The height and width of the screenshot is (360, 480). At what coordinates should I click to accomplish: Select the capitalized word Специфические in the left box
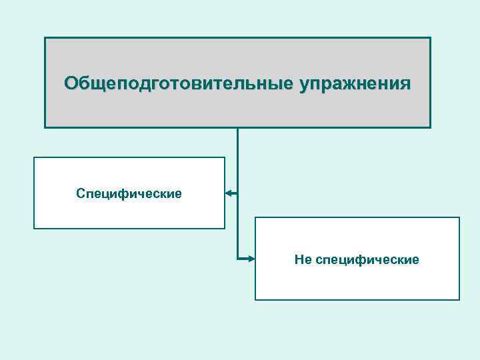tap(129, 193)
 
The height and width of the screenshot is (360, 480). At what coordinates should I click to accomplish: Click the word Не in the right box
tap(302, 259)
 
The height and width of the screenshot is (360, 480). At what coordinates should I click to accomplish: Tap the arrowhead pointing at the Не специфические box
tap(251, 259)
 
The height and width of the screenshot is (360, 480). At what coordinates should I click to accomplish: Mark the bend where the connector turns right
tap(237, 259)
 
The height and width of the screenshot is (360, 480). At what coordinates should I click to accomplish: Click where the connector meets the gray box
tap(237, 127)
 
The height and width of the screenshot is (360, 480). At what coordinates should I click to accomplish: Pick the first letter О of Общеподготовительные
tap(71, 83)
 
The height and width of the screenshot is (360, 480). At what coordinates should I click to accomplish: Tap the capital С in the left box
tap(81, 193)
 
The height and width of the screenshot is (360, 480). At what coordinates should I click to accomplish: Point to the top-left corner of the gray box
tap(45, 37)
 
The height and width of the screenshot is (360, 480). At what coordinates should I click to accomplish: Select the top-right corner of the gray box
tap(431, 37)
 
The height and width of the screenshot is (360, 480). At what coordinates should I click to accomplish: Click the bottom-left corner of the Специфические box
tap(34, 229)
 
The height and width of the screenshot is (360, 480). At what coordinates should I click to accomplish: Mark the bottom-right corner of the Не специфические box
tap(459, 300)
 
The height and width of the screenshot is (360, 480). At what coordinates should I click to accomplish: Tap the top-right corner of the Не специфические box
tap(459, 217)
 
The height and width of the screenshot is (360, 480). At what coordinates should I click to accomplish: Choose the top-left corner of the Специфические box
tap(34, 157)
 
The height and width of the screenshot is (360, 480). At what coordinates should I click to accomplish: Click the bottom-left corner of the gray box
tap(45, 127)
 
